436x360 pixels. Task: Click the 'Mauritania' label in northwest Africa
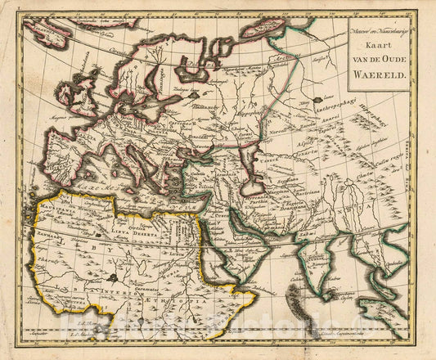click(69, 210)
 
